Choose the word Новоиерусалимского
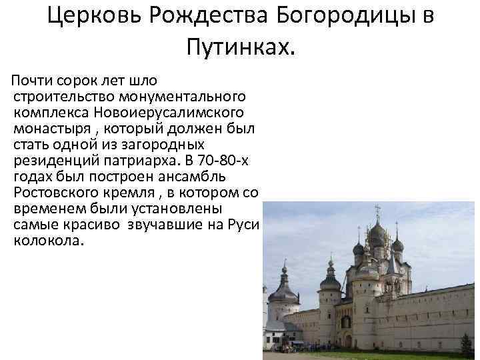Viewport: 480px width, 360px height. point(168,113)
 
